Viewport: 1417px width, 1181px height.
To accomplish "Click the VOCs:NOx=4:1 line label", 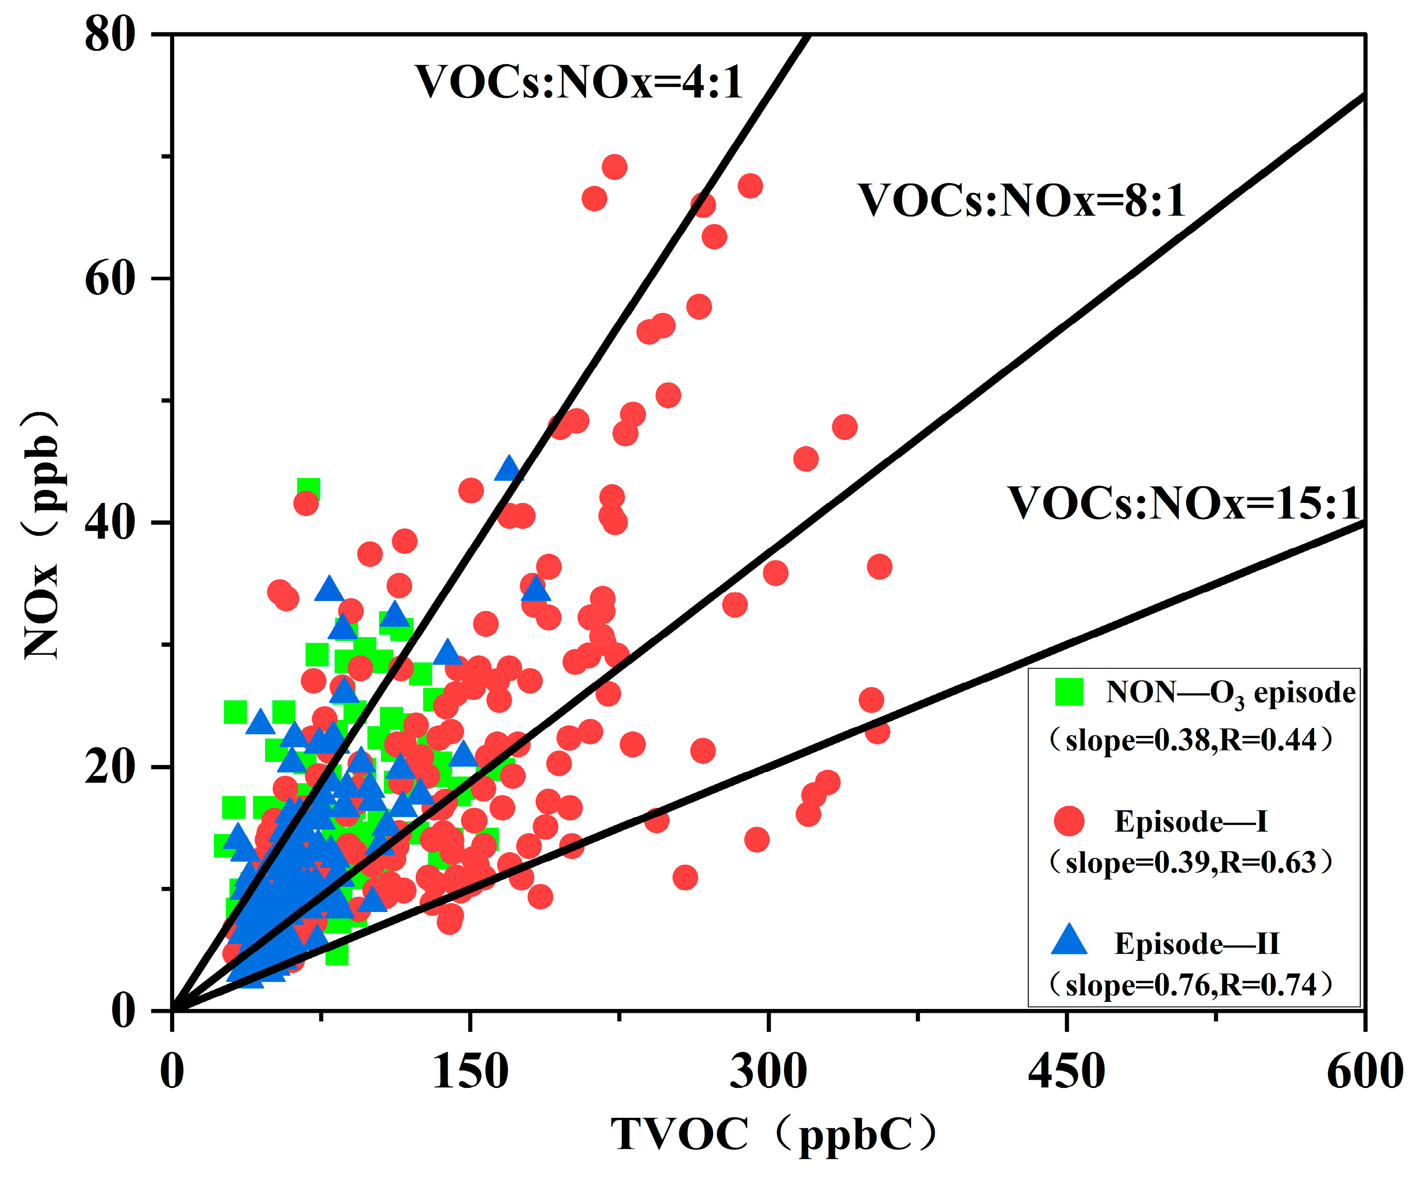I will (579, 83).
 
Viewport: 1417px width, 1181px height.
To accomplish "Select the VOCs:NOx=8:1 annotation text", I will (1021, 201).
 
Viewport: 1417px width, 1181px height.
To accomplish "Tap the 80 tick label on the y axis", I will (110, 35).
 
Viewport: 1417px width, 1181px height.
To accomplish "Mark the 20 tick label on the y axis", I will (110, 767).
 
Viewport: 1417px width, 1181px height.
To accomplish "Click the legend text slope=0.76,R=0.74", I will (1191, 985).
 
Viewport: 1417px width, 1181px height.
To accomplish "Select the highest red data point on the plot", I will (614, 167).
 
